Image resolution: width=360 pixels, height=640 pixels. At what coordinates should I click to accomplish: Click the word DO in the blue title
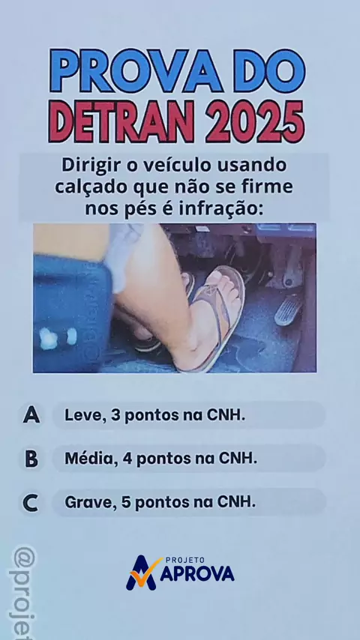(270, 71)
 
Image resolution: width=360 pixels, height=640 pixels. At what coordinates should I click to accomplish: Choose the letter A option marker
(31, 414)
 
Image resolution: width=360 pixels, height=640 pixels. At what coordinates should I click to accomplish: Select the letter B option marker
(31, 459)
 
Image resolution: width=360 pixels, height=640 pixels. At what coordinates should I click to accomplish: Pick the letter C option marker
(31, 503)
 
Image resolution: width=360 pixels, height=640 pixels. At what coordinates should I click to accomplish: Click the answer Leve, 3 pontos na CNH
(154, 415)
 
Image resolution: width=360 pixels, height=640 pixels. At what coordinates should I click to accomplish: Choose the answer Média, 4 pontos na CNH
(161, 459)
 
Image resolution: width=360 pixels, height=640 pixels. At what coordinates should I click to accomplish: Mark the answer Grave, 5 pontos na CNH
(160, 502)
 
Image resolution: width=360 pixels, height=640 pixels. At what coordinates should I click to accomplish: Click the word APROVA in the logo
(197, 574)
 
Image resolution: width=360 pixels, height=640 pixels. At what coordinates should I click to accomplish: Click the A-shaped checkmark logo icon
(142, 573)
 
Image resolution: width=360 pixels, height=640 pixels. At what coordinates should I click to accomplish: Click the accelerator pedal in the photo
(288, 310)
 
